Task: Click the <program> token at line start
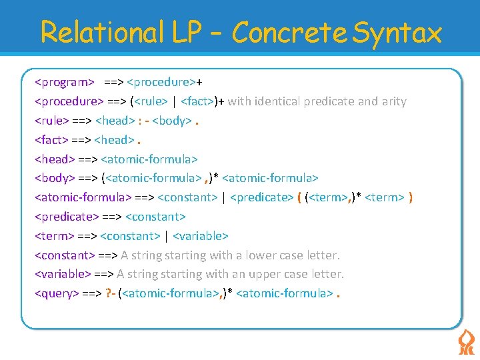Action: pos(65,83)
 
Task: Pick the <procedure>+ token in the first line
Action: pos(164,83)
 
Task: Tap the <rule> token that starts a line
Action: pos(51,121)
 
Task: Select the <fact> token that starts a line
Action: pos(51,140)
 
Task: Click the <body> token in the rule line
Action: pos(173,121)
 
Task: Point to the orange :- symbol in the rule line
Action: pos(142,121)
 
